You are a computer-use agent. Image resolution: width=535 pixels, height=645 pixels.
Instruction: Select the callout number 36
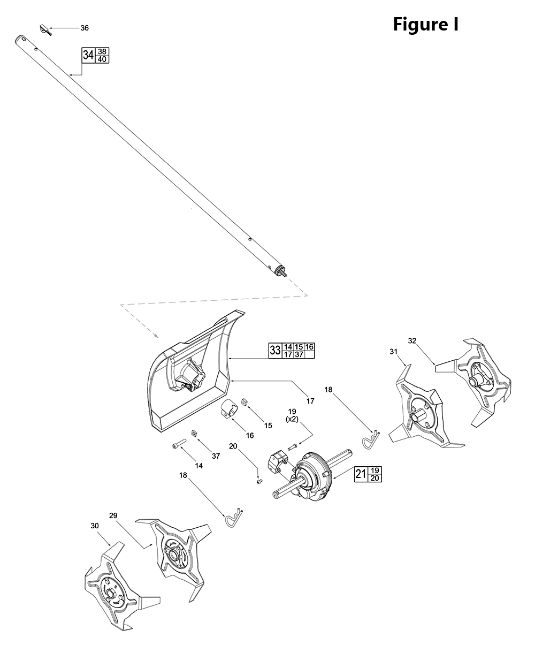pyautogui.click(x=85, y=28)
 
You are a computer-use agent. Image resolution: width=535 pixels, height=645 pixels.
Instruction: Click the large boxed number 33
pyautogui.click(x=275, y=351)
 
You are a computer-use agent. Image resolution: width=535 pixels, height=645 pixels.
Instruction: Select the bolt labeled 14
pyautogui.click(x=178, y=446)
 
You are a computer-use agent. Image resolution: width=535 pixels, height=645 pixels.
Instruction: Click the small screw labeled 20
pyautogui.click(x=258, y=481)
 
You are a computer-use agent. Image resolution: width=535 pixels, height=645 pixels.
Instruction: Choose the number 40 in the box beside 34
pyautogui.click(x=102, y=59)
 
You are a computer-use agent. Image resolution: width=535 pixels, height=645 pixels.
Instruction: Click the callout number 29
pyautogui.click(x=113, y=515)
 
